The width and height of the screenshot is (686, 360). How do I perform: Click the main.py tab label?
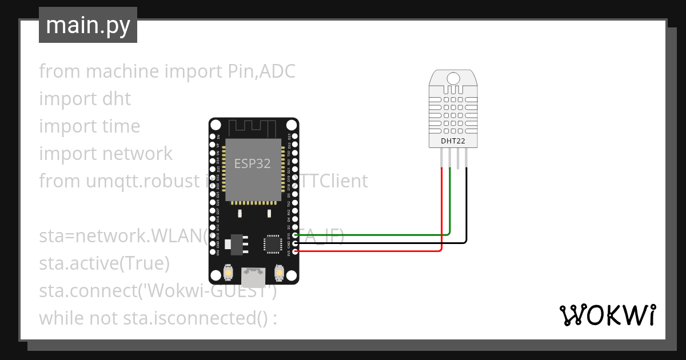point(87,25)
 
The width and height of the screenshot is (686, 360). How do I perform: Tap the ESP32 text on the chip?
point(252,163)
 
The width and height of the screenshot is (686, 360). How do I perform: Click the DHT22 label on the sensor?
point(453,141)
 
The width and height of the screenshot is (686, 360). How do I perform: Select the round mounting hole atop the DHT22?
point(453,78)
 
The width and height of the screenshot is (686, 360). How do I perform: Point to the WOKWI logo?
point(607,315)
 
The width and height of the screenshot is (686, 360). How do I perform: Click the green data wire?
point(372,235)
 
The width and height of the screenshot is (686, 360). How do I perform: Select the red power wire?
point(372,251)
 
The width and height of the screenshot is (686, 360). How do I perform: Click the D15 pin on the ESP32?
point(295,235)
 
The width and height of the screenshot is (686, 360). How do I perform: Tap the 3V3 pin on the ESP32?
point(295,251)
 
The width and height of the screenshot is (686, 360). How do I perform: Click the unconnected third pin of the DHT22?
point(458,158)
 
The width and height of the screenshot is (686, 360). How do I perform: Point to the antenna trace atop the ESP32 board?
point(252,127)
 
